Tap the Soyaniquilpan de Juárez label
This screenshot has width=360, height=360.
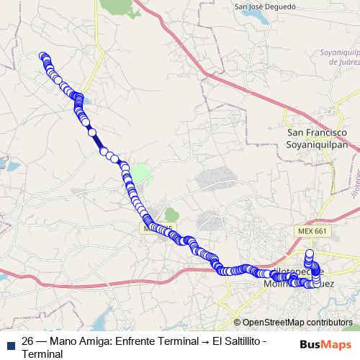pos(333,58)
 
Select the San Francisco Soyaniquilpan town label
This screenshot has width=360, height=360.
pos(318,138)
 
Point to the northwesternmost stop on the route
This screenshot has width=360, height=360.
pos(43,57)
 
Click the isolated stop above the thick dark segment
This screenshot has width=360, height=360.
pos(91,132)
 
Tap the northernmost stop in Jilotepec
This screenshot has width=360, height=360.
pos(310,253)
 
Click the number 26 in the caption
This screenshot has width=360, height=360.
pos(28,341)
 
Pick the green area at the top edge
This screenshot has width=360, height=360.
pos(115,5)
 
